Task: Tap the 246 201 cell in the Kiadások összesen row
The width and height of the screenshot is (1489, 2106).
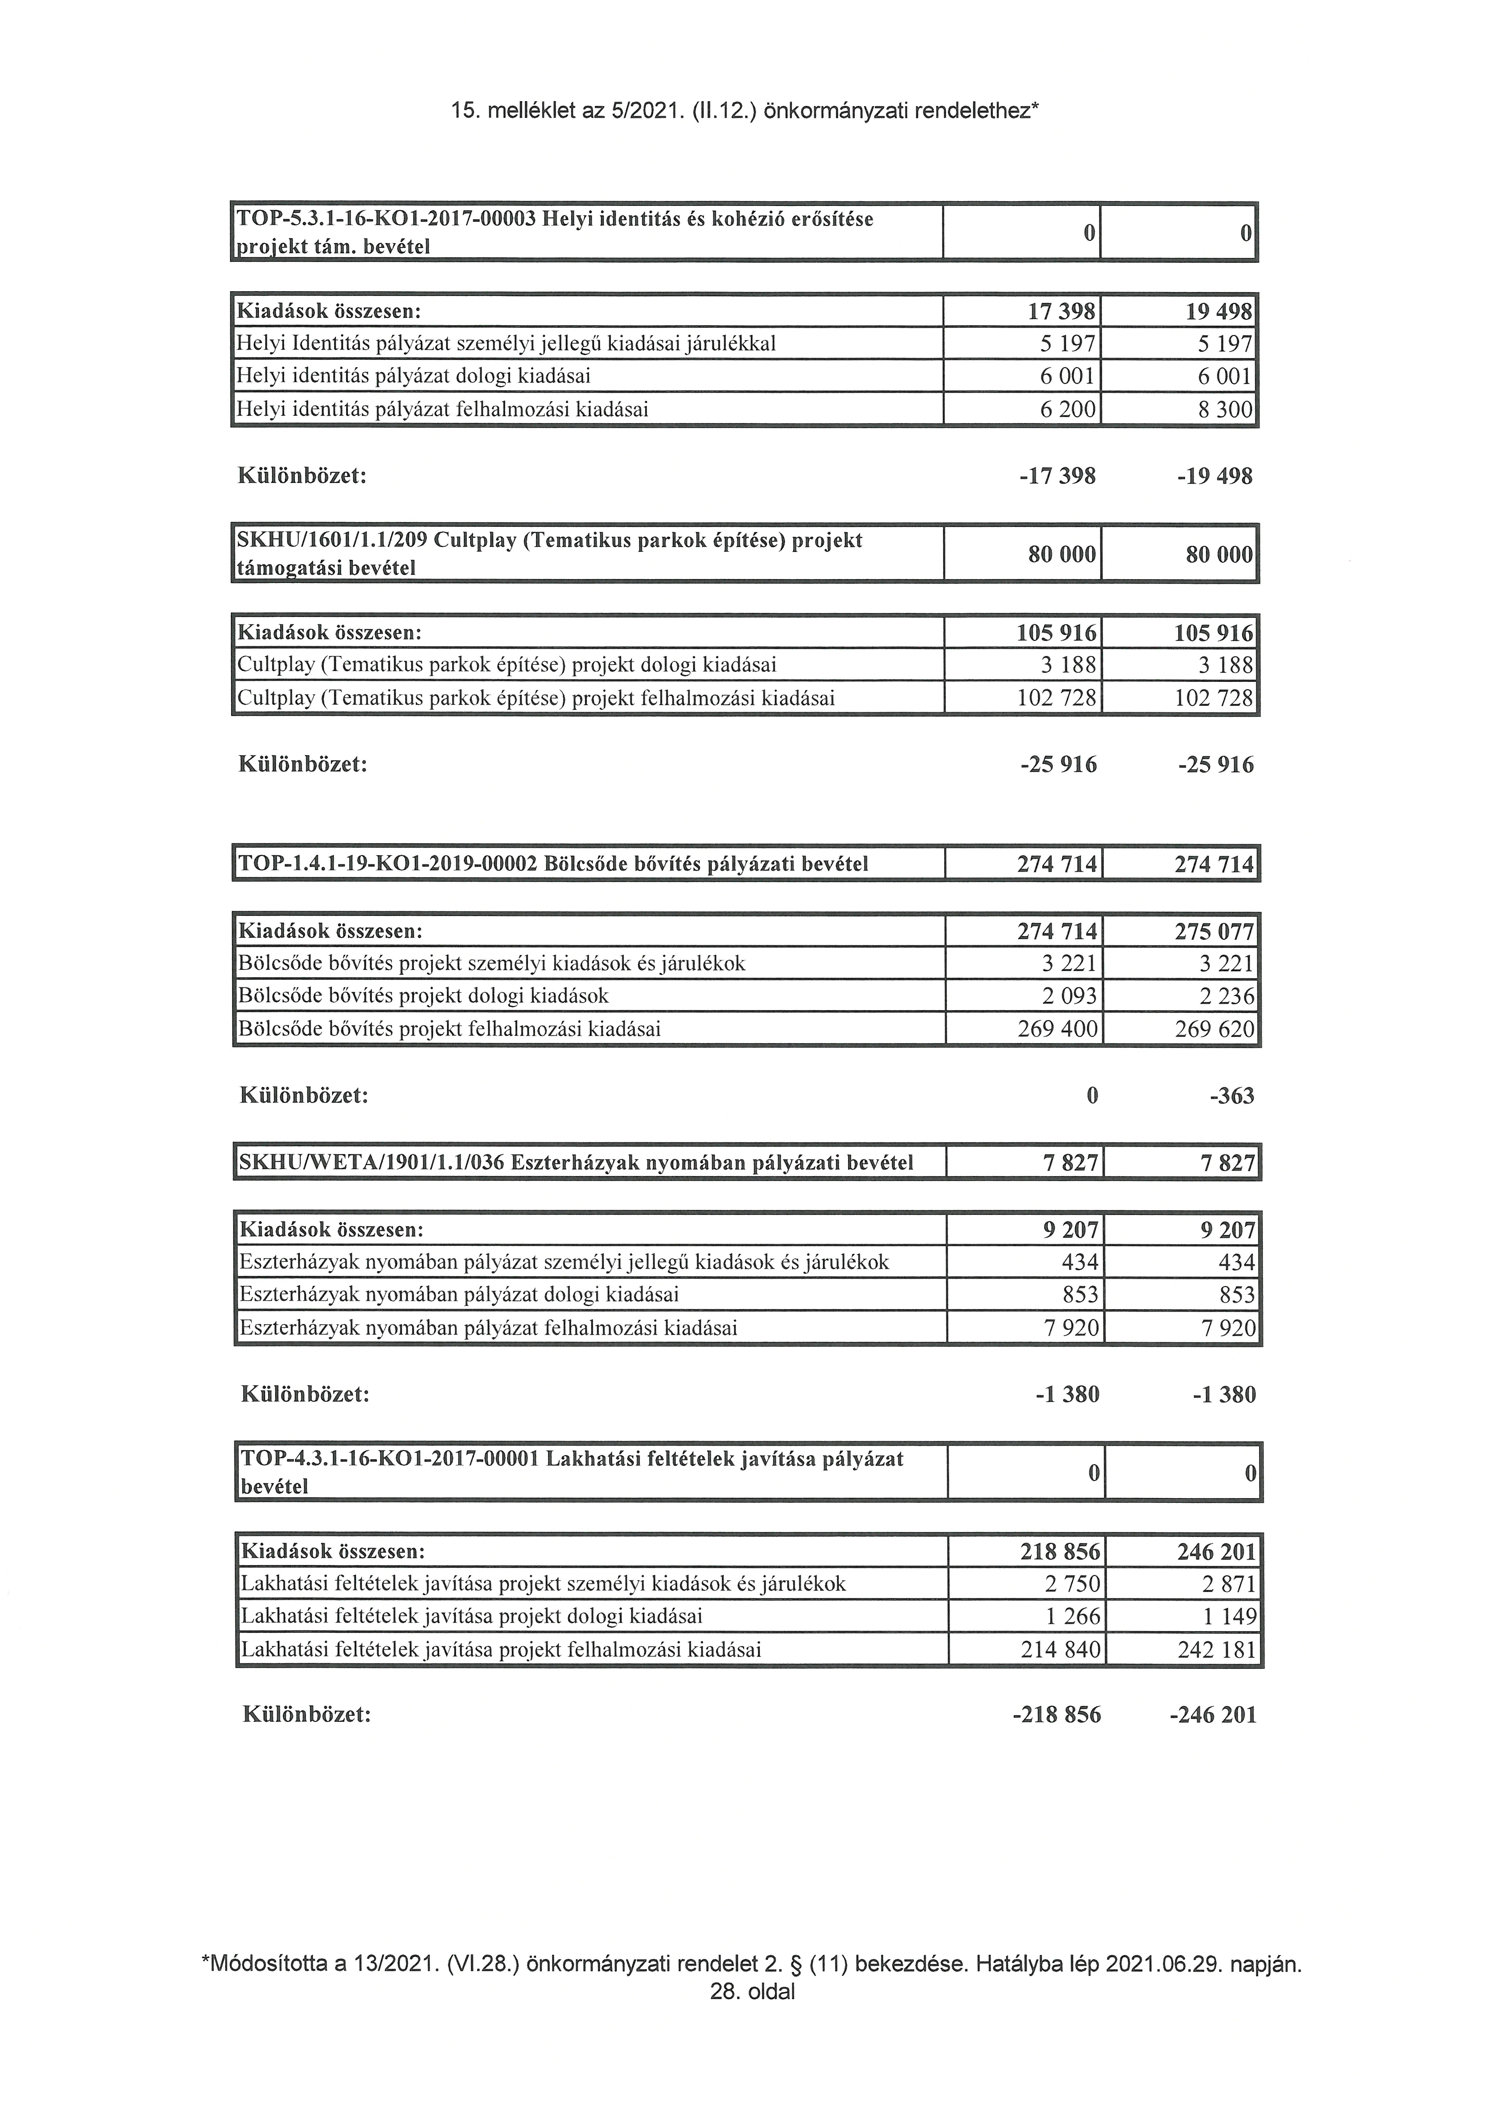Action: [1216, 1552]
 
